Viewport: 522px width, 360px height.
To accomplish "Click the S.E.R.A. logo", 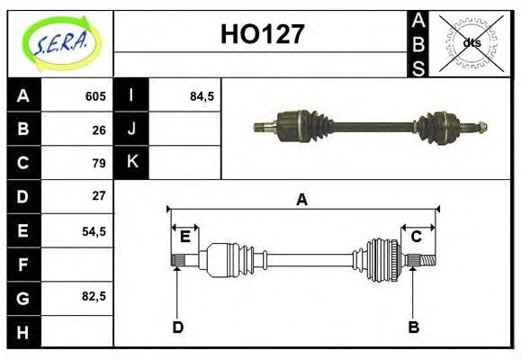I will coord(59,42).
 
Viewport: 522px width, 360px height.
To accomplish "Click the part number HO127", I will coord(262,35).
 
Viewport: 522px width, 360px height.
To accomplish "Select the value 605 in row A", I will coord(95,96).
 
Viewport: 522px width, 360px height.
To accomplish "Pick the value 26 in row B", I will coord(99,130).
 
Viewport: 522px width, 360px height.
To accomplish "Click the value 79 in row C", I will coord(99,163).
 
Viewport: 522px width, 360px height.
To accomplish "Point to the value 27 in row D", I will coord(99,195).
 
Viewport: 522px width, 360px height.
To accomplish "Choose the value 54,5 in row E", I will coord(94,230).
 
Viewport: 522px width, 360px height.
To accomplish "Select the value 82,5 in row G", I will coord(94,296).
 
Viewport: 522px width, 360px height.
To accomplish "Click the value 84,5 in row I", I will coord(202,96).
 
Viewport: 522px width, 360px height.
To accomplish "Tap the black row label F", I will coord(22,265).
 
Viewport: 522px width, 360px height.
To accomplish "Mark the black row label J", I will coord(131,130).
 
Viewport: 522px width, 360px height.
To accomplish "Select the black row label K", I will coord(131,163).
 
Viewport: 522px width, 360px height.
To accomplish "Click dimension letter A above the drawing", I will coord(302,200).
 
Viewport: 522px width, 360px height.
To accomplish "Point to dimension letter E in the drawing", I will coord(184,237).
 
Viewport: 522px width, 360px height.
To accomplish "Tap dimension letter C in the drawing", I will coord(416,237).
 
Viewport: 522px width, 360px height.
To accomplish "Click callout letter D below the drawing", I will coord(177,327).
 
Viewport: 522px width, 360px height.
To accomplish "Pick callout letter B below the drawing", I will coord(413,327).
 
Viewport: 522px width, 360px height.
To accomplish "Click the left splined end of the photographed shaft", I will coord(263,125).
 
